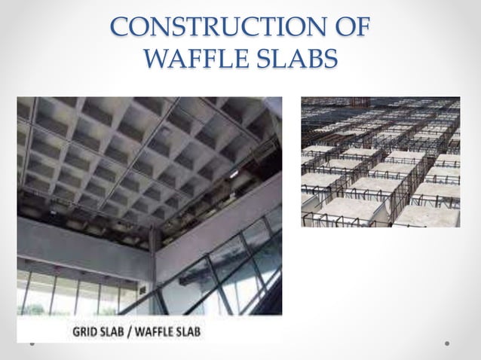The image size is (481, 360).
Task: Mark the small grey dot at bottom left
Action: click(x=32, y=343)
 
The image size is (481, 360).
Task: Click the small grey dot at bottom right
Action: click(x=447, y=343)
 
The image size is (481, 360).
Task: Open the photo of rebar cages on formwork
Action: click(x=381, y=161)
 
